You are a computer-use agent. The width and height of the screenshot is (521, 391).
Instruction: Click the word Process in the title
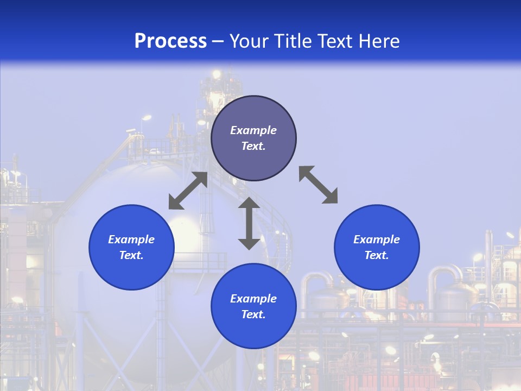click(170, 41)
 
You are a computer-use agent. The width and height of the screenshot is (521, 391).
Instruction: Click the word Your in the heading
click(249, 41)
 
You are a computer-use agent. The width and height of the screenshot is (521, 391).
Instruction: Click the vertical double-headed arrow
click(249, 223)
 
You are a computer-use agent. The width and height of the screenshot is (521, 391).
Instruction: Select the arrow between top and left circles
click(188, 191)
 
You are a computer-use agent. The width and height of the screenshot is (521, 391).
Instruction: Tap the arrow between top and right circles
click(318, 185)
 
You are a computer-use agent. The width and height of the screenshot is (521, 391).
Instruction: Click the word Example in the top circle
click(253, 130)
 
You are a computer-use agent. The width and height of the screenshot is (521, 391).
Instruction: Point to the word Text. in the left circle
click(131, 255)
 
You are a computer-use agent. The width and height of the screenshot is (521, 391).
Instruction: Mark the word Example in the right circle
click(377, 239)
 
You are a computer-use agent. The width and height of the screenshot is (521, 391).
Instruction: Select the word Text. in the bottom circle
click(253, 314)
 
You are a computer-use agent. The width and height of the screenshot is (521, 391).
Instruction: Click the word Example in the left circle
click(131, 239)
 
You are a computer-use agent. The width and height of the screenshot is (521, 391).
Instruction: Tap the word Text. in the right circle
click(377, 255)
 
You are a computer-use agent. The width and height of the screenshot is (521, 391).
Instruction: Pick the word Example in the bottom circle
click(253, 299)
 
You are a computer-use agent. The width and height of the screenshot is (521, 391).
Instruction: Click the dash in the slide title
click(218, 41)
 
